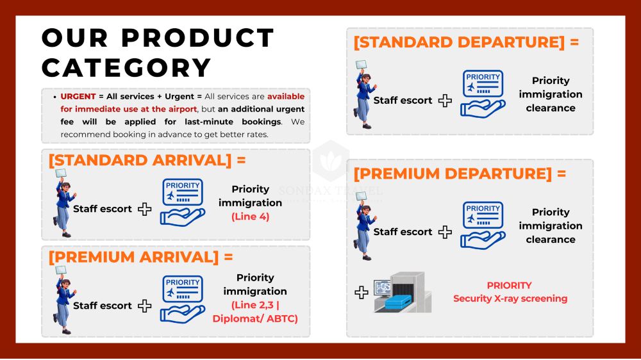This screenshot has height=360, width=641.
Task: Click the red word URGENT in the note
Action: point(78,97)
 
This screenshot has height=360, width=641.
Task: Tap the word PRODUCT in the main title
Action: point(198,38)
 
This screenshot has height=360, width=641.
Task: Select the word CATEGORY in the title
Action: point(126,68)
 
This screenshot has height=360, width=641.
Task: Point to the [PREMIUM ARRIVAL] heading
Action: point(140,257)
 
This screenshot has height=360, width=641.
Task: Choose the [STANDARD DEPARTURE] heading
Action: point(466,42)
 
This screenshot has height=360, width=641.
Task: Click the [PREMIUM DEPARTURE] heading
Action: point(460,174)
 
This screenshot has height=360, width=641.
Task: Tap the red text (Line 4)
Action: point(251,217)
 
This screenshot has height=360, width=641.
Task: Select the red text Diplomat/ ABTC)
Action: point(255,319)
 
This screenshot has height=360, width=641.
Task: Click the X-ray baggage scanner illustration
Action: point(403,292)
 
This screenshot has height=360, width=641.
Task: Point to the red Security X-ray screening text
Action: point(510,299)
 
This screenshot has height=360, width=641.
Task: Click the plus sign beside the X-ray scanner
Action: point(362,293)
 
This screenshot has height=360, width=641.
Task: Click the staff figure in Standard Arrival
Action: point(63,203)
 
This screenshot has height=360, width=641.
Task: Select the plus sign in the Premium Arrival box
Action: point(145,306)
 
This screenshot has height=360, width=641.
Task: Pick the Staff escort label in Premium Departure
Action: point(403,232)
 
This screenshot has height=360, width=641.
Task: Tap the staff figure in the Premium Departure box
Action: point(365,226)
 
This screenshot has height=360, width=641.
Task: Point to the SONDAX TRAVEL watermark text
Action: point(331,190)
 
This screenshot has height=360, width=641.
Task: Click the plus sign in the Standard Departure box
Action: point(445,101)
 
